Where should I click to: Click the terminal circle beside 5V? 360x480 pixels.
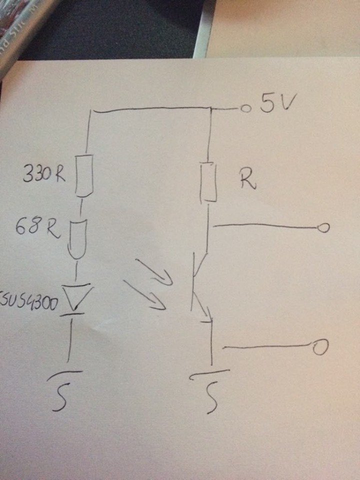click(245, 108)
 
